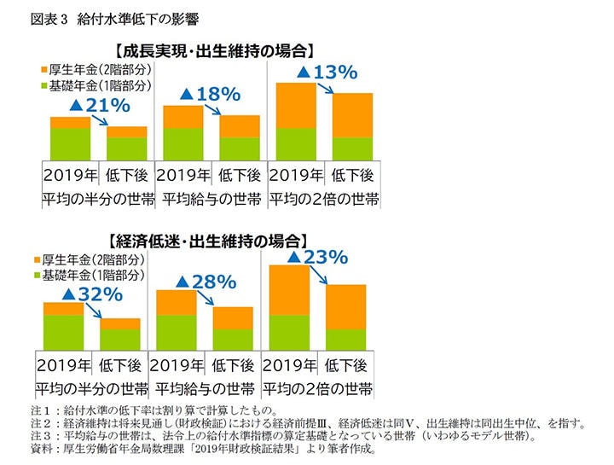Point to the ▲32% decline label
pos(93,294)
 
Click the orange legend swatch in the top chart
pos(43,69)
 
